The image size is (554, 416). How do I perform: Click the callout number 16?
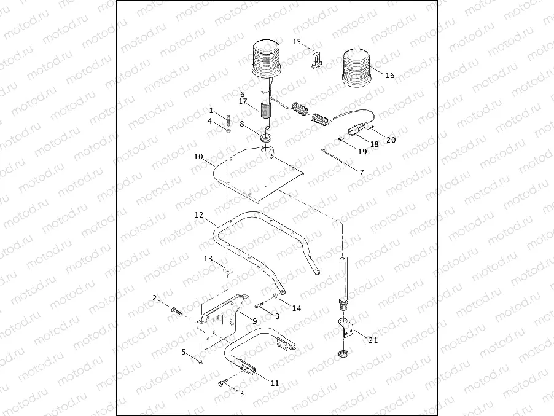390,76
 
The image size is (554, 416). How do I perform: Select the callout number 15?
297,42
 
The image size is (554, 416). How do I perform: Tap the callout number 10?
198,157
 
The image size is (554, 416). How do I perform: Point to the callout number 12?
198,216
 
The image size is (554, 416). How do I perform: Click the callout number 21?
373,339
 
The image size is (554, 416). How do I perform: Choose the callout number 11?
275,383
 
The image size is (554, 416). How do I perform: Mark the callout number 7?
361,173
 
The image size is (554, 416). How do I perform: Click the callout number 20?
391,139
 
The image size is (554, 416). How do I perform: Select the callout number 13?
208,259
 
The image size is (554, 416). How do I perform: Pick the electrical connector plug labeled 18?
355,130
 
